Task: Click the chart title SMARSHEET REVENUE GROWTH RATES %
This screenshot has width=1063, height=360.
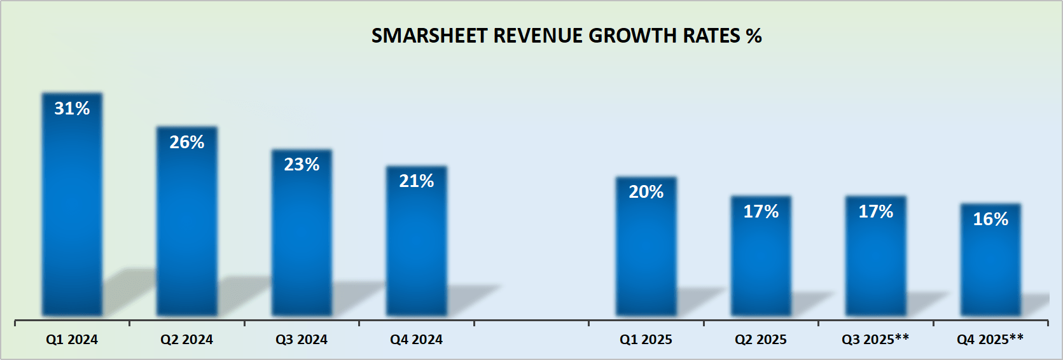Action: (x=566, y=36)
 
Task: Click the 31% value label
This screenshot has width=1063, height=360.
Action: (x=72, y=109)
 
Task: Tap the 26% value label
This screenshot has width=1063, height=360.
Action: (x=187, y=142)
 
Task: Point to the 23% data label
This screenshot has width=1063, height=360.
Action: (x=302, y=165)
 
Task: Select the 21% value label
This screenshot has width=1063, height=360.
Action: (x=417, y=181)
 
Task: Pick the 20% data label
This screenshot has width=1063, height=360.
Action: (x=646, y=192)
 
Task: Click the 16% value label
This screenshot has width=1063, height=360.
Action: (x=990, y=219)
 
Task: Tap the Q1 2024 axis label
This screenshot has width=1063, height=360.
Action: (x=72, y=340)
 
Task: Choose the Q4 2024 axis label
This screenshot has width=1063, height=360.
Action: (x=417, y=340)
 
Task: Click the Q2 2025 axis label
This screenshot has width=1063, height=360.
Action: (x=761, y=340)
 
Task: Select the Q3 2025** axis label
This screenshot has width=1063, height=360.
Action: (x=875, y=340)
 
